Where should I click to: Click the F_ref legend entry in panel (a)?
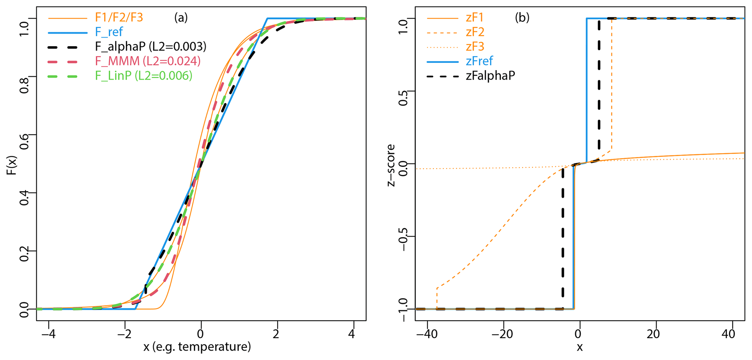[x=108, y=32]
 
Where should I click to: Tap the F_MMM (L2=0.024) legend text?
[x=148, y=61]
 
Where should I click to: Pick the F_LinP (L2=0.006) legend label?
[x=144, y=76]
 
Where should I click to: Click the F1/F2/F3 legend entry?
[x=119, y=17]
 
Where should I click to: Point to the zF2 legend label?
[x=475, y=32]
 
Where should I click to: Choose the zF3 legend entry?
[x=475, y=47]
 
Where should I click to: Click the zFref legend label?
[x=479, y=61]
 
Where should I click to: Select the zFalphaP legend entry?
[x=490, y=76]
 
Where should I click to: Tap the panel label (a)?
[x=181, y=17]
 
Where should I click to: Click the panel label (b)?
[x=522, y=17]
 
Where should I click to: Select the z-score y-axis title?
[x=391, y=165]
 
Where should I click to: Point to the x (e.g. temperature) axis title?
[x=197, y=347]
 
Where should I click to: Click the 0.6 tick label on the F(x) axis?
[x=24, y=135]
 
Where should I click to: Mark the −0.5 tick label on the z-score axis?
[x=403, y=236]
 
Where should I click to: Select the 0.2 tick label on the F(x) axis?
[x=24, y=251]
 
